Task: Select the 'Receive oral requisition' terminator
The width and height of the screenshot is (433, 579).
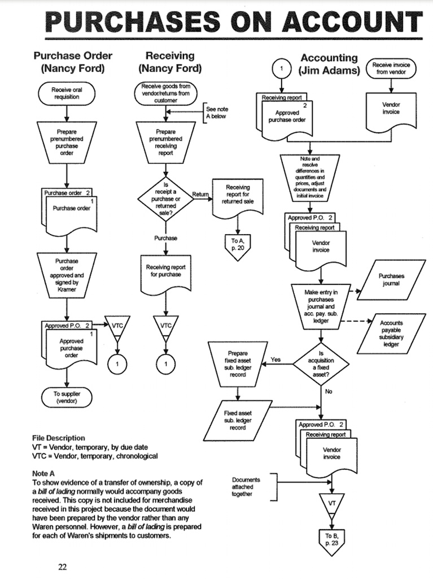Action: click(65, 93)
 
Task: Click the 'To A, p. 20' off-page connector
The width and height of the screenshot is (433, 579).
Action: click(237, 245)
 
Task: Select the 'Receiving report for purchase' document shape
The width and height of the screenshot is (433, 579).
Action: click(165, 271)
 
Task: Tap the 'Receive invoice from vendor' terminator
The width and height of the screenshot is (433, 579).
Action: click(391, 69)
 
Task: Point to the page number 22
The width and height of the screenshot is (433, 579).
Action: click(63, 567)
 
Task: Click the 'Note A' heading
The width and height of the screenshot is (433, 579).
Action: click(45, 473)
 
